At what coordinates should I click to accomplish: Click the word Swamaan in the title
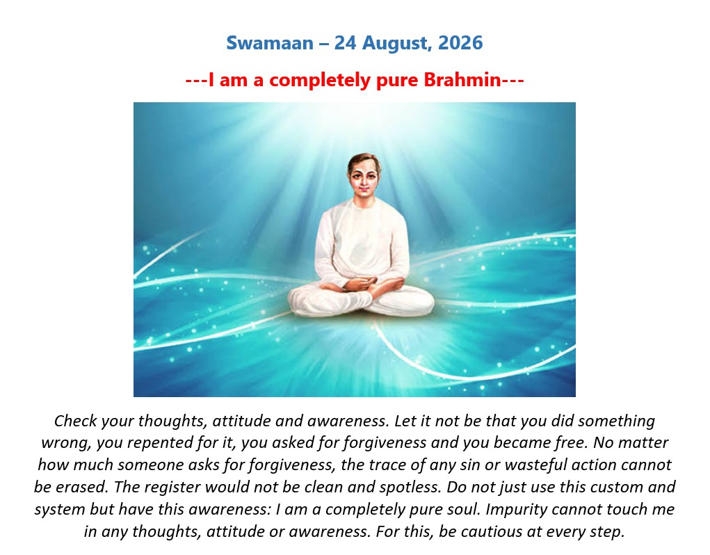[270, 43]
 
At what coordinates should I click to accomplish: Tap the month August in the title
[395, 44]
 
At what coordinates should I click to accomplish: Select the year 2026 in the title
[460, 43]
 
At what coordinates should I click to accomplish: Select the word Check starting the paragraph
[76, 421]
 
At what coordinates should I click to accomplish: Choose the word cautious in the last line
[489, 531]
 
